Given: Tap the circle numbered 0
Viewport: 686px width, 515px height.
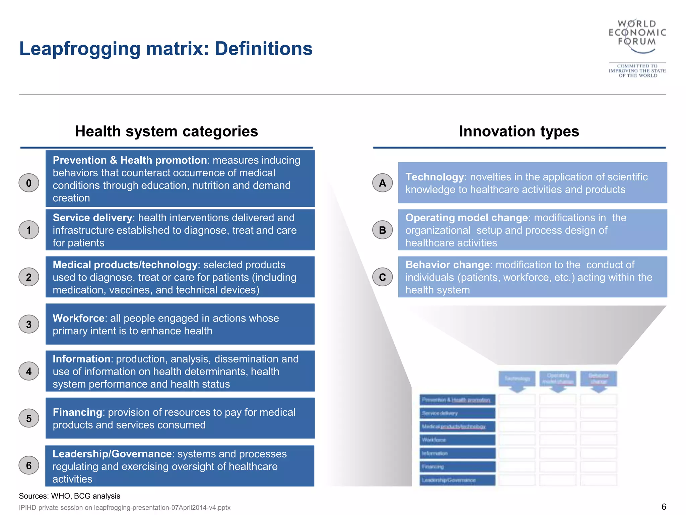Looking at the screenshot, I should click(x=29, y=183).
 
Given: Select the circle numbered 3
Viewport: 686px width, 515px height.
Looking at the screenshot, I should click(x=29, y=324).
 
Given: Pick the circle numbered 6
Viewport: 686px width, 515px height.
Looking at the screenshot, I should click(x=29, y=465).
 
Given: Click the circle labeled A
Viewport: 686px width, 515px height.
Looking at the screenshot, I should click(x=382, y=183).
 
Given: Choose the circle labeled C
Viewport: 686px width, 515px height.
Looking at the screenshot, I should click(x=382, y=277).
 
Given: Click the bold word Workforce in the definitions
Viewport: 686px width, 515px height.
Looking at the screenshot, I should click(x=79, y=318).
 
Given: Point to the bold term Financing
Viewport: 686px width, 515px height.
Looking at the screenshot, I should click(x=77, y=412).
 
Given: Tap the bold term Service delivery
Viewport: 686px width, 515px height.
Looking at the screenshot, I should click(x=92, y=218).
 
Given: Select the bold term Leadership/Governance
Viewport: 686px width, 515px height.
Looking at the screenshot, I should click(x=112, y=454).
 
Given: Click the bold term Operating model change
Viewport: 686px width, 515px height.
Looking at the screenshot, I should click(x=467, y=218).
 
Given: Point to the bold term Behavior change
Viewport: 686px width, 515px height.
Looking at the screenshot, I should click(x=448, y=265).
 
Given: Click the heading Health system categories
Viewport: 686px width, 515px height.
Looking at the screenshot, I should click(x=166, y=131).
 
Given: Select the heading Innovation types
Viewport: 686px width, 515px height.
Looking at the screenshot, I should click(x=519, y=131).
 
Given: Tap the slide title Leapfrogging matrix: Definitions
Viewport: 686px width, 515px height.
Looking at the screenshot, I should click(x=166, y=49).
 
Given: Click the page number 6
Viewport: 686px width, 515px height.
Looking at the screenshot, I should click(x=664, y=507).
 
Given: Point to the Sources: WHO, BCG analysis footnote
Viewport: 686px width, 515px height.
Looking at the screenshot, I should click(x=69, y=496).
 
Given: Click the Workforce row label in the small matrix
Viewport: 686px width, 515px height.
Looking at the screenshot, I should click(x=457, y=440).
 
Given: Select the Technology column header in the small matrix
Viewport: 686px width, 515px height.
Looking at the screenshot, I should click(x=517, y=379).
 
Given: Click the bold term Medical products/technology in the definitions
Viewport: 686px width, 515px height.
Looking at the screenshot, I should click(x=125, y=265).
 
